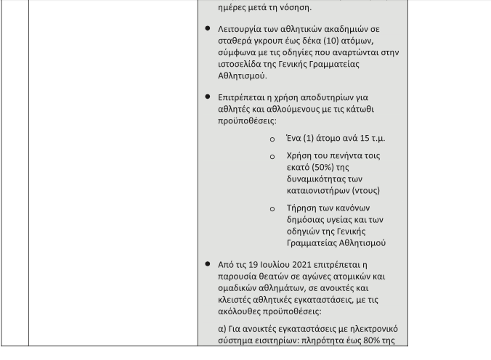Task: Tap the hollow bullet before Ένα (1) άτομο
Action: tap(272, 139)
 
